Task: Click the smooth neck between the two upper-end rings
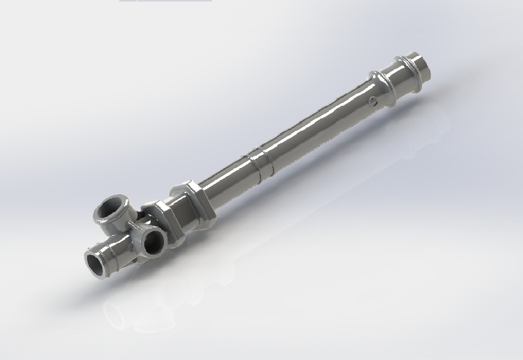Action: (395, 74)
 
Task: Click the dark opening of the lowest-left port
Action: (96, 264)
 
